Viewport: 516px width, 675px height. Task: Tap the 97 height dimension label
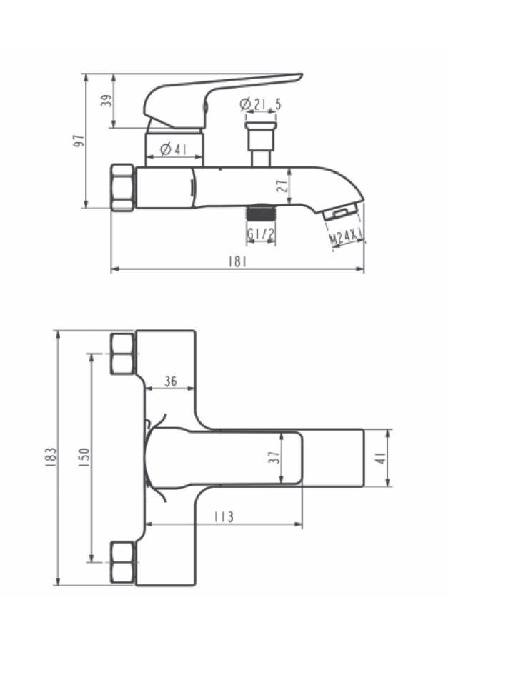(x=79, y=141)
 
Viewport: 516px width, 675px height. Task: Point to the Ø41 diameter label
(x=173, y=149)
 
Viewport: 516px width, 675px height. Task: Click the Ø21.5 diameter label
(x=261, y=104)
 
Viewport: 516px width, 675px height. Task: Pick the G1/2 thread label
(x=261, y=234)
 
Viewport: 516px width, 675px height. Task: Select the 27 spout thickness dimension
(x=282, y=186)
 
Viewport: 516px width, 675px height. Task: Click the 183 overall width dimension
(x=51, y=457)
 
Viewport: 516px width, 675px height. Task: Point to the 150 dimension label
(x=84, y=457)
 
